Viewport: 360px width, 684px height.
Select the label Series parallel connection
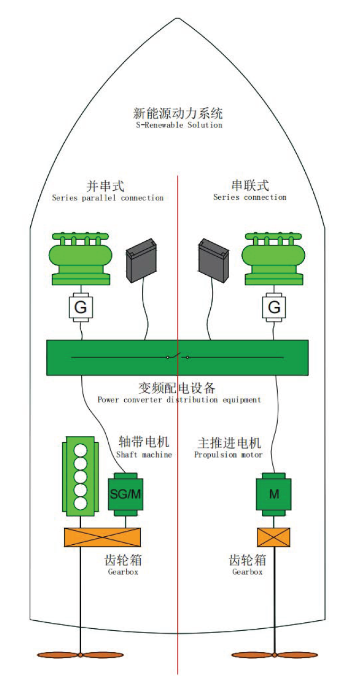click(x=107, y=198)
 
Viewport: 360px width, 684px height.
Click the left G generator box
click(x=81, y=308)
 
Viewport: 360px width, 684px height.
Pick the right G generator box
click(x=273, y=308)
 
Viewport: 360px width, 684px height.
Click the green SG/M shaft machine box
click(x=127, y=494)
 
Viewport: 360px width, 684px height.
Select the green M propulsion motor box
click(x=272, y=493)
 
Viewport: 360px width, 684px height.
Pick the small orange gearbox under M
click(x=272, y=537)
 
